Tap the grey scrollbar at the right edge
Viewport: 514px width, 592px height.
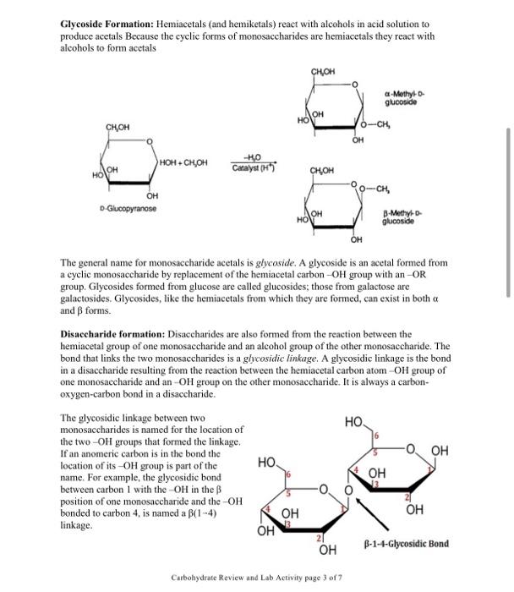(x=507, y=211)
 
